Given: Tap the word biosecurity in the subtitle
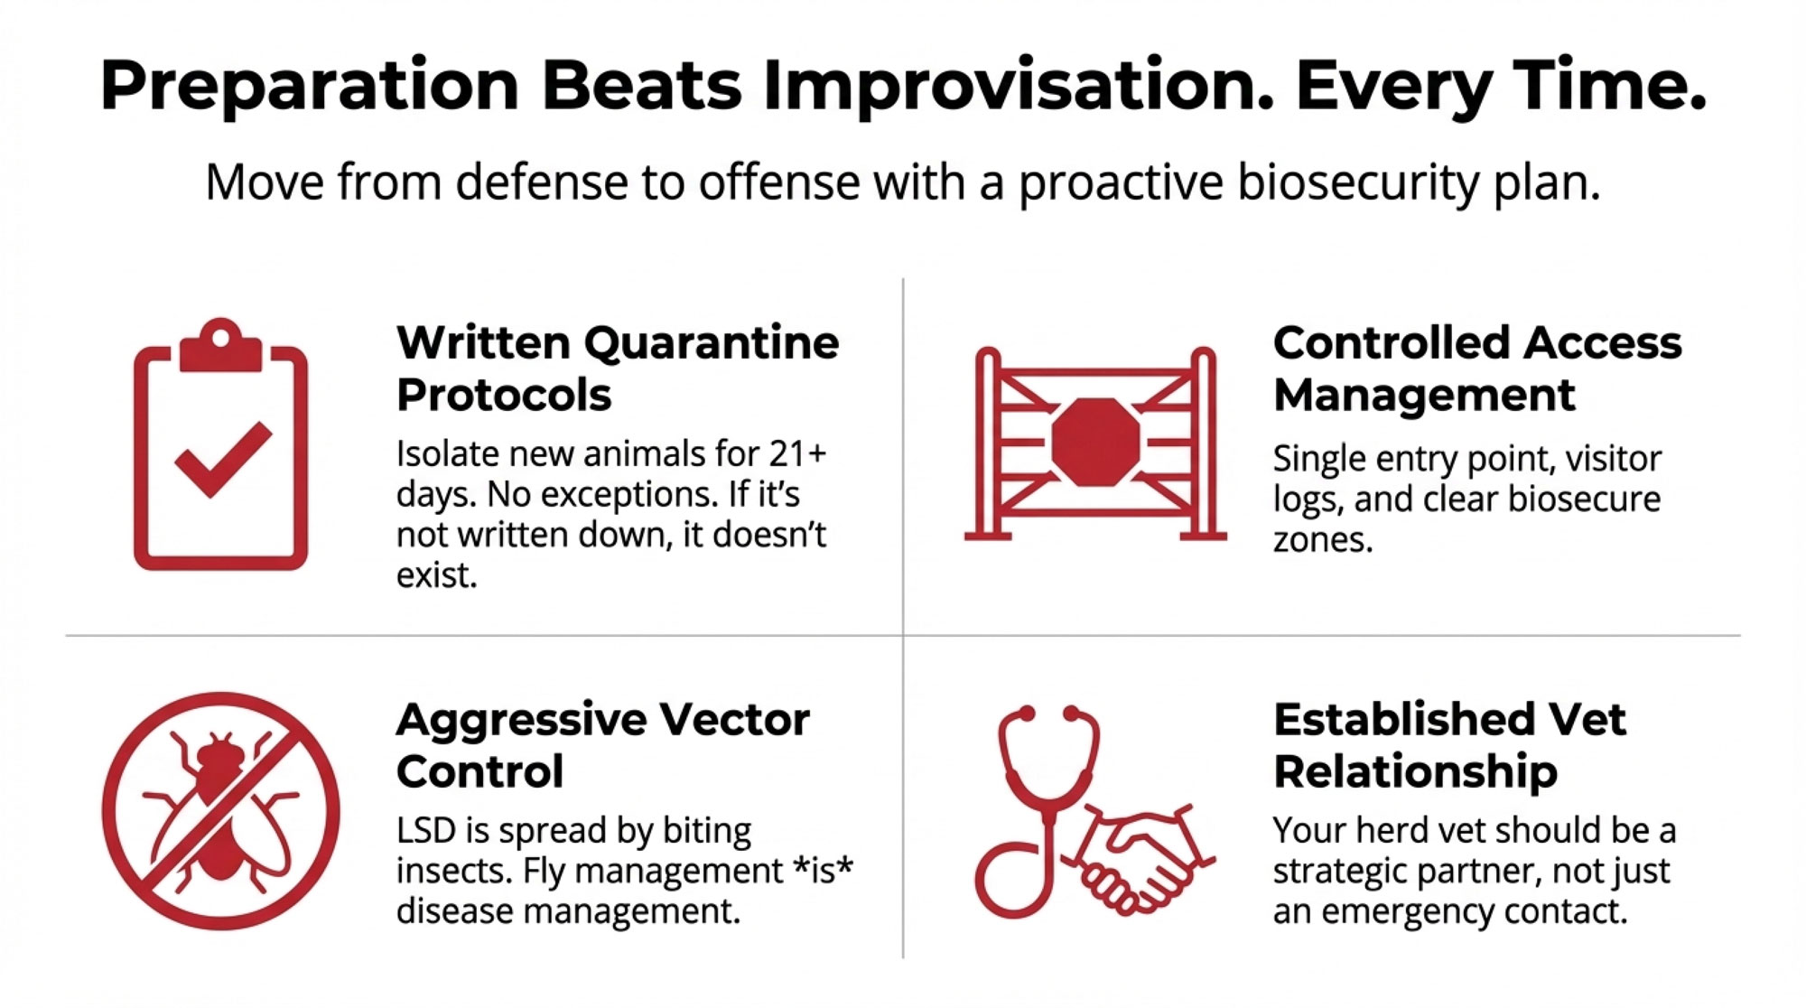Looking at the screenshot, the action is point(1356,183).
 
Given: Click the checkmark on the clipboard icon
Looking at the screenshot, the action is point(222,458).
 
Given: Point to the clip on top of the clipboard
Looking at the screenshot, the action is point(220,345).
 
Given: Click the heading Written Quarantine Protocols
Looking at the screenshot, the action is point(618,369).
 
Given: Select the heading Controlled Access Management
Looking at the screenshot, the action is point(1477,369).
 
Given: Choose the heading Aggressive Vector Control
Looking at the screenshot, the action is point(602,745).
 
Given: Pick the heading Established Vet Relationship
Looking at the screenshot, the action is point(1449,745).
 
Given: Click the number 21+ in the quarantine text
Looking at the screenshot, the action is point(797,453).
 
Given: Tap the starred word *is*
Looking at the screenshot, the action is point(823,871).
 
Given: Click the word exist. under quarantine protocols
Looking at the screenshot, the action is point(436,575).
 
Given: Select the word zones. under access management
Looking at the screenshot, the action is point(1323,540).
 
